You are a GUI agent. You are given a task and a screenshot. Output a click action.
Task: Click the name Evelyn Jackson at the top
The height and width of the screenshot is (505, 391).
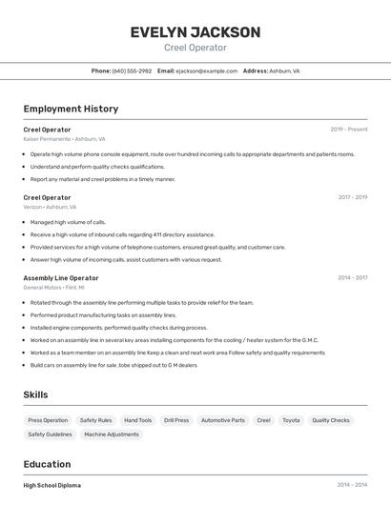[195, 32]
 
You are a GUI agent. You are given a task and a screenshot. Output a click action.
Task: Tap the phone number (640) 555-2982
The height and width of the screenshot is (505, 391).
[132, 71]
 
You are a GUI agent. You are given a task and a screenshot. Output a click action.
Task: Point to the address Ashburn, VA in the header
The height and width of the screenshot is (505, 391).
[284, 71]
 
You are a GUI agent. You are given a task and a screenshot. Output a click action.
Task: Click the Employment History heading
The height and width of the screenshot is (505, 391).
[71, 109]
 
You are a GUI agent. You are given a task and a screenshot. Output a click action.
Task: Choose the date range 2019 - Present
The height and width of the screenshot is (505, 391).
[349, 130]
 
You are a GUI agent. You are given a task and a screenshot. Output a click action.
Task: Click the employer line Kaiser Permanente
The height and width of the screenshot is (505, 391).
[64, 139]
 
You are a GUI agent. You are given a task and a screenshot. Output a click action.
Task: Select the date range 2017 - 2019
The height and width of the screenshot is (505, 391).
[352, 197]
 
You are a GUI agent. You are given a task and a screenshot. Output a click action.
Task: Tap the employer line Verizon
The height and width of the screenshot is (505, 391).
[50, 207]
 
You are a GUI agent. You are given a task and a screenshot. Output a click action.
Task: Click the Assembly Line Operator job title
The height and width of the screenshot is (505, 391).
[61, 278]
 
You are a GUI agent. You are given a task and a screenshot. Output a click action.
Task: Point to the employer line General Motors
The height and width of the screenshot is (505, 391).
[53, 287]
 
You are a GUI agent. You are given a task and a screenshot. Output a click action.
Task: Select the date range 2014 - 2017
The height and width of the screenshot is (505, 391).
[352, 278]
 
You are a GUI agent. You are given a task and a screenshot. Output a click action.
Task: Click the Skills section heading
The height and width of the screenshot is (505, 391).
[35, 394]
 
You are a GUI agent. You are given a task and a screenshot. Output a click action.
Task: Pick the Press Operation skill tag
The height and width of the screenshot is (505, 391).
[48, 420]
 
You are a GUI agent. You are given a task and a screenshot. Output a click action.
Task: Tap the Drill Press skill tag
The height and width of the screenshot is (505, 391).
[176, 420]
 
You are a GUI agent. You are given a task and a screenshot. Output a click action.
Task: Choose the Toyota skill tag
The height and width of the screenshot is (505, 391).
[291, 420]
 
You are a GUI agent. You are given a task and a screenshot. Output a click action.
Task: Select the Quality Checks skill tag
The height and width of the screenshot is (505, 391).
[331, 420]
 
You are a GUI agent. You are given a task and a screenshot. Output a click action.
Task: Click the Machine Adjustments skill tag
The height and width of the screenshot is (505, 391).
[112, 434]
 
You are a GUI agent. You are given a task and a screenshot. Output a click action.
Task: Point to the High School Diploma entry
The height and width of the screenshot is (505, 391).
[52, 485]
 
